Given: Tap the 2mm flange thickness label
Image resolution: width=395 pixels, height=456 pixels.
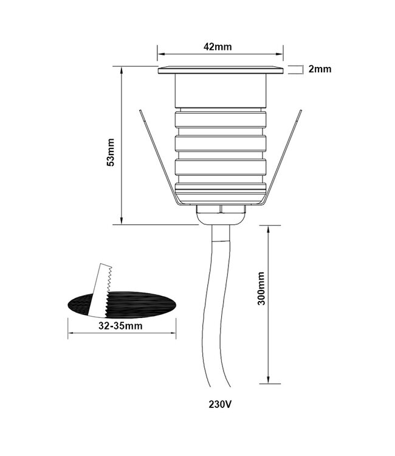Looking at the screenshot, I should point(320,69).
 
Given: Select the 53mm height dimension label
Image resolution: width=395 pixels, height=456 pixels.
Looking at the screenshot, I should point(110,152).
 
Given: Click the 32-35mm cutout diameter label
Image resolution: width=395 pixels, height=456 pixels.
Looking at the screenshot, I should point(120,326).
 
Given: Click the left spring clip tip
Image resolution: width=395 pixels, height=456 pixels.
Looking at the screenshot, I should point(141,112).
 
